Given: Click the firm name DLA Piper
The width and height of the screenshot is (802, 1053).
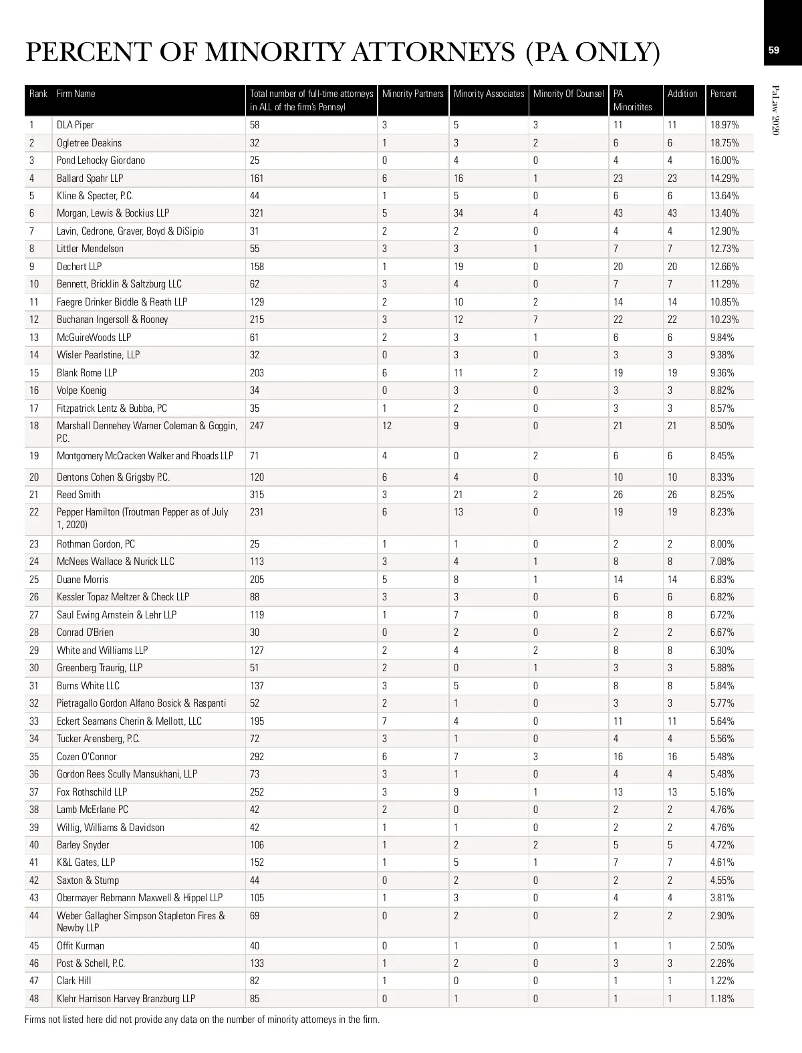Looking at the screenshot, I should [x=75, y=125].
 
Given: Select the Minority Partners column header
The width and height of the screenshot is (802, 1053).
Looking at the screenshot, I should [x=412, y=94].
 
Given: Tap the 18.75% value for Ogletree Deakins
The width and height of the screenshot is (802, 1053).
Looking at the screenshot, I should [x=724, y=143].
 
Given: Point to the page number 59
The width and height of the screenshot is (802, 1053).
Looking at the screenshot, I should [x=774, y=49].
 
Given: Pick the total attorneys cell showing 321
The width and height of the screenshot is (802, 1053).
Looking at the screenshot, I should [x=257, y=213].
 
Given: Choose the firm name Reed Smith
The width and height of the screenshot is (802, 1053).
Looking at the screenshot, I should [x=78, y=495].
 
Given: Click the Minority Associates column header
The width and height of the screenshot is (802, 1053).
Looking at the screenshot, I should [x=489, y=94].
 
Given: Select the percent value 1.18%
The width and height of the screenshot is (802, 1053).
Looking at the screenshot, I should [x=722, y=999].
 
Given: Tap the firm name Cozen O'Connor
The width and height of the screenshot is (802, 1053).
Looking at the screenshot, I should [x=86, y=757].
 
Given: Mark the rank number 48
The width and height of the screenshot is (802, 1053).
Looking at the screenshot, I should [x=34, y=999].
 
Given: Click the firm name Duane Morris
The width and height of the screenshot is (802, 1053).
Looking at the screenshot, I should [x=82, y=580].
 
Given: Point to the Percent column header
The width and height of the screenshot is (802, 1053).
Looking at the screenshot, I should [x=723, y=94].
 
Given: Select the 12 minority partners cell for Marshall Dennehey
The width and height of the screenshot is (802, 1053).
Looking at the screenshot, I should [x=387, y=426].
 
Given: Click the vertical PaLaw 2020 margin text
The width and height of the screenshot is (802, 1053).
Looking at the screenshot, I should [x=775, y=110].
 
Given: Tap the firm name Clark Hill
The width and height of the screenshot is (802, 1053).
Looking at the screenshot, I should [x=74, y=981].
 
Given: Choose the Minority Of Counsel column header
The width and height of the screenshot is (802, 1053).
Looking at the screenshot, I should [x=568, y=94].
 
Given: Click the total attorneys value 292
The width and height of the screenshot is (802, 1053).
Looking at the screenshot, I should [x=257, y=757].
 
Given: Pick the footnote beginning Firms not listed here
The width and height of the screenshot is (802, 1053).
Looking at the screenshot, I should [x=202, y=1020].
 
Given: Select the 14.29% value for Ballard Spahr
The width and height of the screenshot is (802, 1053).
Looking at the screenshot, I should [x=724, y=179].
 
